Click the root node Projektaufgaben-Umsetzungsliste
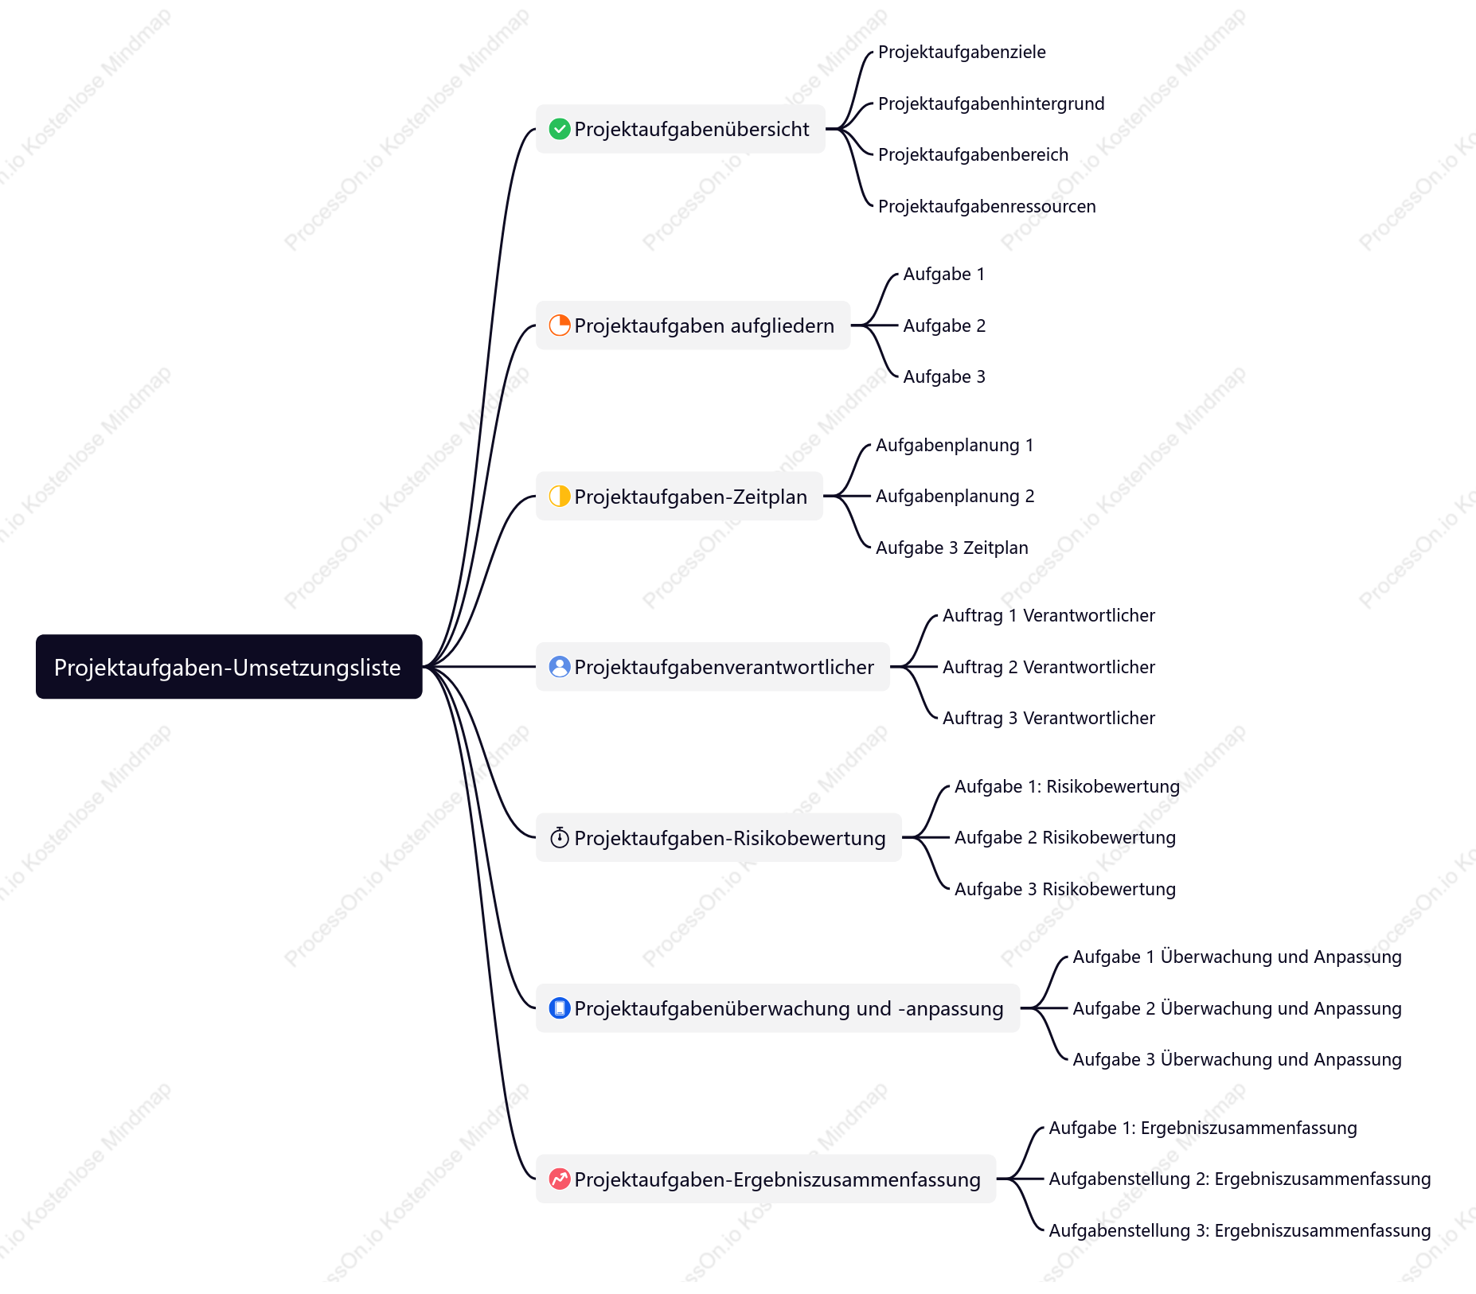click(228, 667)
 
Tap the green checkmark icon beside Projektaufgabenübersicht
click(560, 129)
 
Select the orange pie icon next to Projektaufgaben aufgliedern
click(560, 325)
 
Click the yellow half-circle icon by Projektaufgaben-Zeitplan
click(560, 497)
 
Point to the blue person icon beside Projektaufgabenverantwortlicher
click(560, 667)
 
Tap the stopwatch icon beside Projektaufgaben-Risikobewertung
click(560, 838)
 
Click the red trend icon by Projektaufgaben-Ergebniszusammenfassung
click(560, 1179)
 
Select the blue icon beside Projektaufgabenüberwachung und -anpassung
click(560, 1008)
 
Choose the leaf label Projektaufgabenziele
click(962, 53)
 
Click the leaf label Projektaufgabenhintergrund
click(991, 103)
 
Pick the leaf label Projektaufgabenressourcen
click(987, 206)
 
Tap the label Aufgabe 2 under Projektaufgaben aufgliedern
click(944, 325)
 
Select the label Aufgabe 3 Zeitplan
click(952, 548)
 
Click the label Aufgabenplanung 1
click(955, 446)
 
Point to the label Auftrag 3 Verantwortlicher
click(1048, 718)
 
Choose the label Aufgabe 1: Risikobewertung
click(1067, 786)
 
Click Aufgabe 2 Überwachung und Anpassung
click(1237, 1008)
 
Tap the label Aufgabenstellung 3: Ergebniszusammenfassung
click(1240, 1230)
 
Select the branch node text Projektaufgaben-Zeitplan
click(691, 497)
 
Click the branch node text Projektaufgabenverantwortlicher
click(724, 667)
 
